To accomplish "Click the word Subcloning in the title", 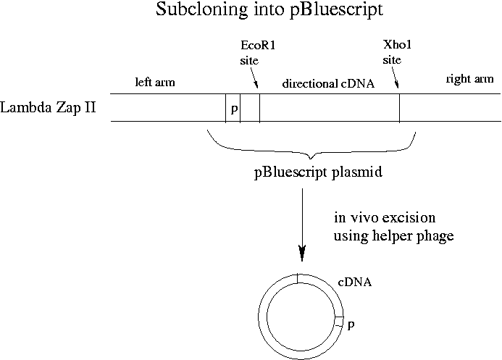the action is pos(201,9).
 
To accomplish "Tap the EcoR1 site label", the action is pos(258,52).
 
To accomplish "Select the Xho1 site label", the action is pos(397,52).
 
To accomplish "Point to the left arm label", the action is pos(155,82).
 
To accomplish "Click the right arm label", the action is pos(469,78).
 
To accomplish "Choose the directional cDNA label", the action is pos(328,83).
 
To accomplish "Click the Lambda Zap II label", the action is pos(48,107).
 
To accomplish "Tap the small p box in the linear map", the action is pos(233,108).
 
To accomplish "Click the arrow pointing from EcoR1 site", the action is pos(254,78).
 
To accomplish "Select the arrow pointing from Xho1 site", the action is pos(395,78).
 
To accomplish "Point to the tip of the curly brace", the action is pos(311,159).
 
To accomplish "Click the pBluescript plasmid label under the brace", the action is pos(318,172).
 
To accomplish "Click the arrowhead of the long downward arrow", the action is pos(302,253).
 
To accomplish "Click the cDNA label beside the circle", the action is pos(355,282).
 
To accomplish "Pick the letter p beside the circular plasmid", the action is pos(351,325).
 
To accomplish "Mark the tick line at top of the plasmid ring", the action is pos(298,278).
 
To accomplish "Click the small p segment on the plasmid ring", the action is pos(339,322).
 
